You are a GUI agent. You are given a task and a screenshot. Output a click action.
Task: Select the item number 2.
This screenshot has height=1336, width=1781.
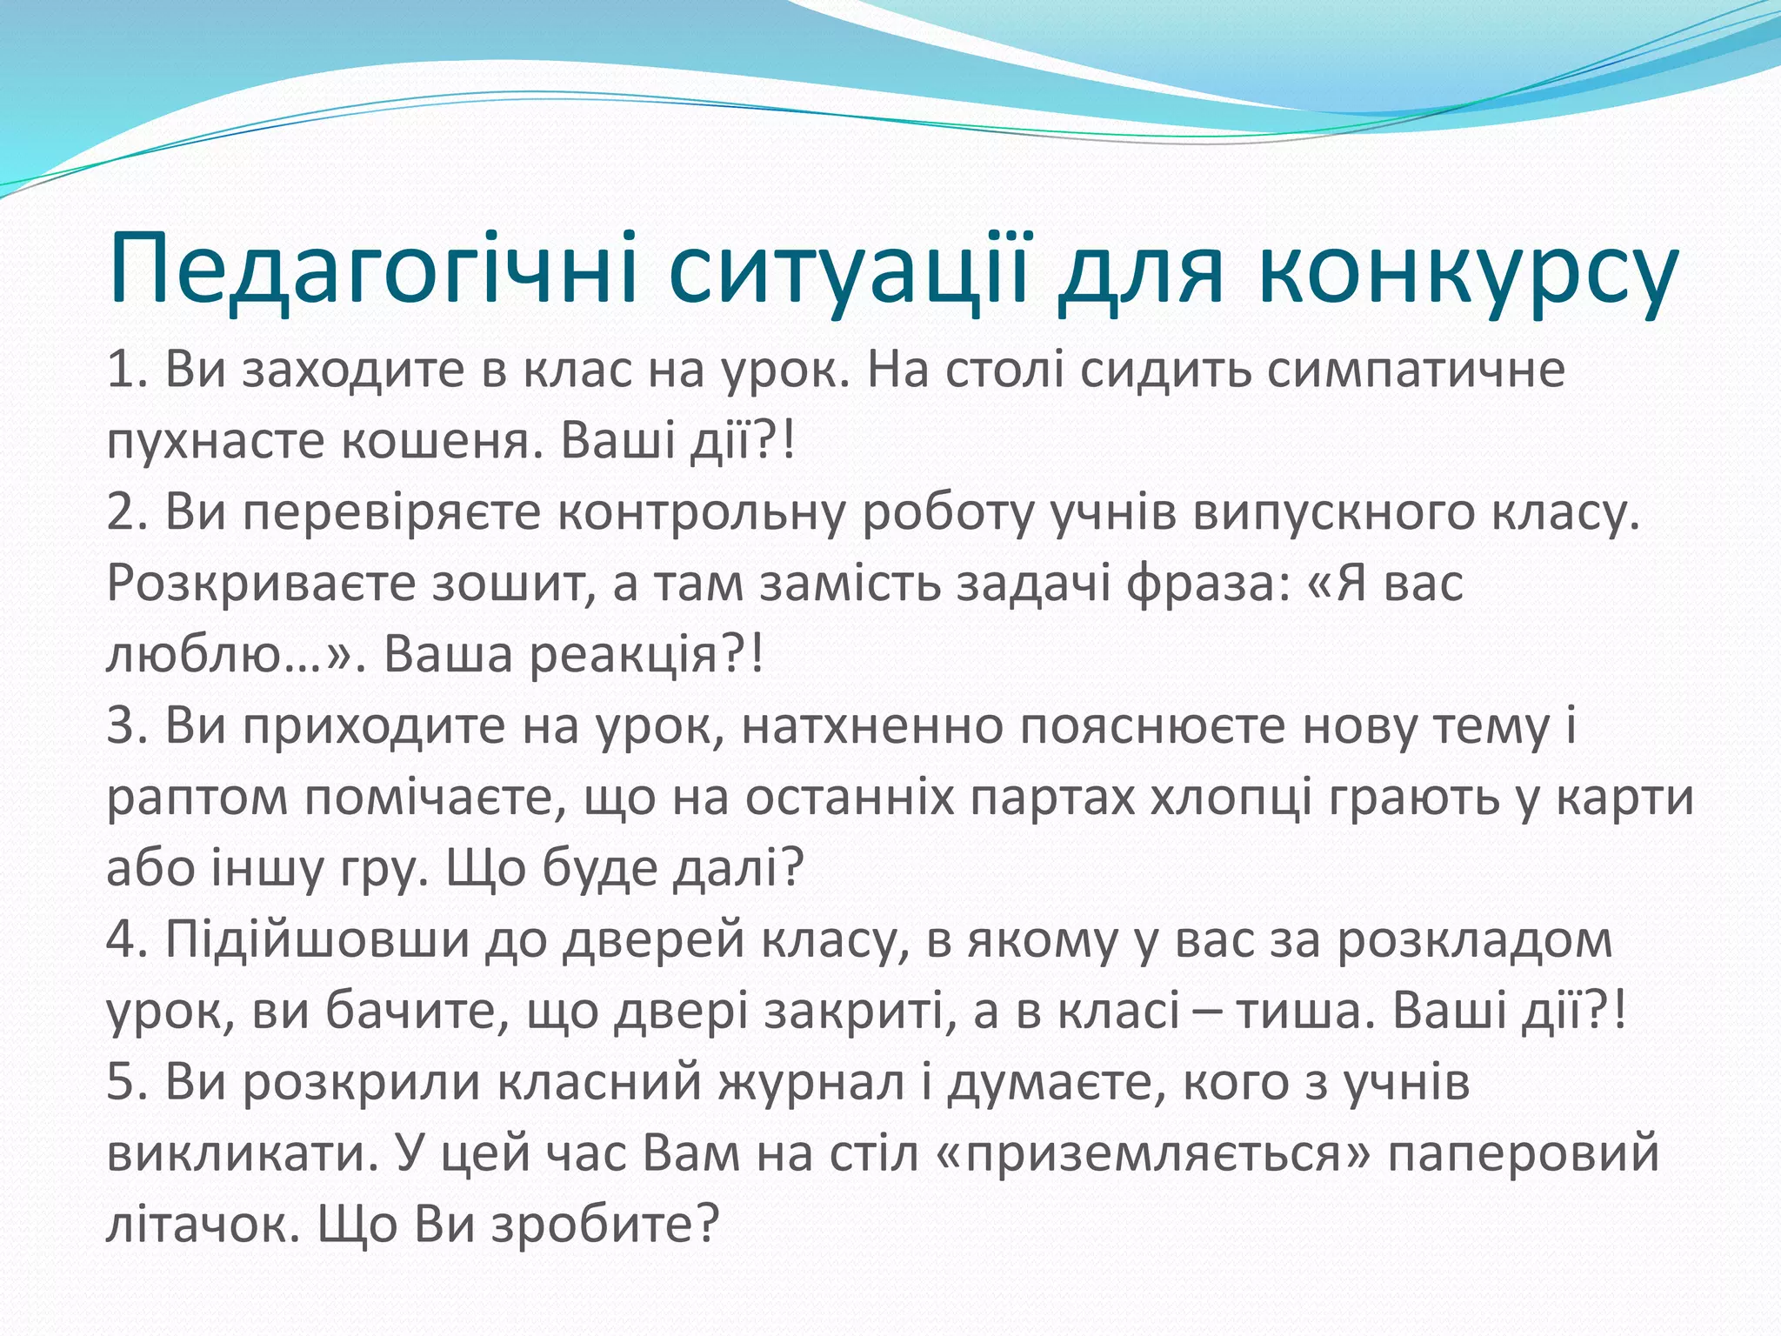[125, 512]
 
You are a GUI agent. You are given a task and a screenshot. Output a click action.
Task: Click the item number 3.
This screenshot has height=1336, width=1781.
[125, 726]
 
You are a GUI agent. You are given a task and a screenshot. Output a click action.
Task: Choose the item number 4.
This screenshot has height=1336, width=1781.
[125, 940]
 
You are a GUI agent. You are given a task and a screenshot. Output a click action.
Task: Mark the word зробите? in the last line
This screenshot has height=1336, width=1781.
[605, 1226]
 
